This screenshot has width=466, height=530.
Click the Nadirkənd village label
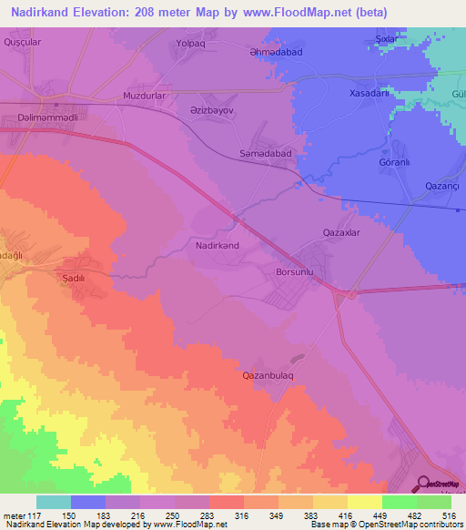pyautogui.click(x=217, y=246)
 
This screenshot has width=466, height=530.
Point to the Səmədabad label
pyautogui.click(x=265, y=154)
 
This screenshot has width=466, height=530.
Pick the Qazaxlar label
pyautogui.click(x=342, y=232)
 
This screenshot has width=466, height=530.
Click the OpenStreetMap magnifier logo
pyautogui.click(x=424, y=483)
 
